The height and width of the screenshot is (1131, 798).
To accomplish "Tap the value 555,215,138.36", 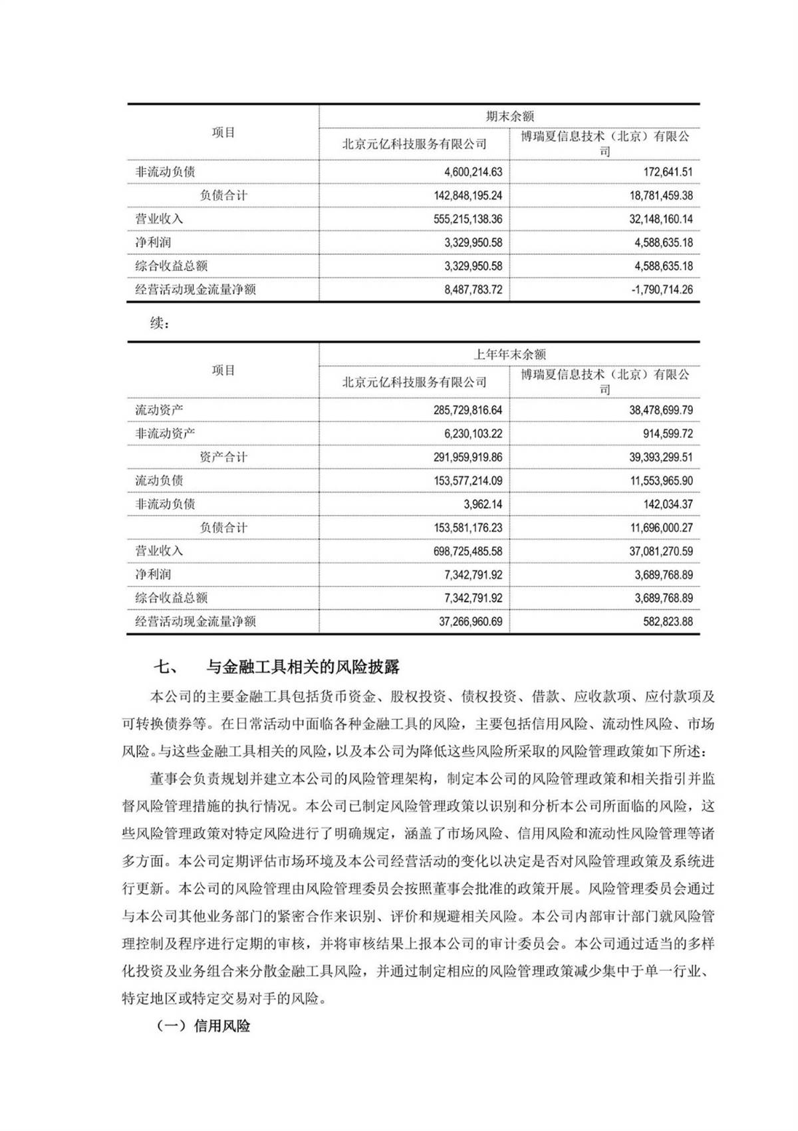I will pyautogui.click(x=458, y=219).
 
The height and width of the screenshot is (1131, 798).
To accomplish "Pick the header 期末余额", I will pyautogui.click(x=509, y=116).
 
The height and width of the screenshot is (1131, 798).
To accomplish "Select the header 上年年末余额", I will pyautogui.click(x=509, y=354).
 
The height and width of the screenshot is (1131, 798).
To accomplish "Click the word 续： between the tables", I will pyautogui.click(x=160, y=324).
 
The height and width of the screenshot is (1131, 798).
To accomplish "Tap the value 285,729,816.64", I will pyautogui.click(x=458, y=410).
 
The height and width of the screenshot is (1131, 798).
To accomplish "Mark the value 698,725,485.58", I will pyautogui.click(x=458, y=551).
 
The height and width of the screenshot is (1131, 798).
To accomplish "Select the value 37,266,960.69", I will pyautogui.click(x=461, y=622).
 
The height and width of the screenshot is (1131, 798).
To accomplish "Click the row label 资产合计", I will pyautogui.click(x=223, y=457).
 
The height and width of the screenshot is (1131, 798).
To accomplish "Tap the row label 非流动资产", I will pyautogui.click(x=166, y=433).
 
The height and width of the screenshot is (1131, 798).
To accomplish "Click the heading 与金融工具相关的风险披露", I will pyautogui.click(x=303, y=666).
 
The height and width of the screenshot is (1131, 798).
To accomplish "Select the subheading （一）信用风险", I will pyautogui.click(x=203, y=1026).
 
